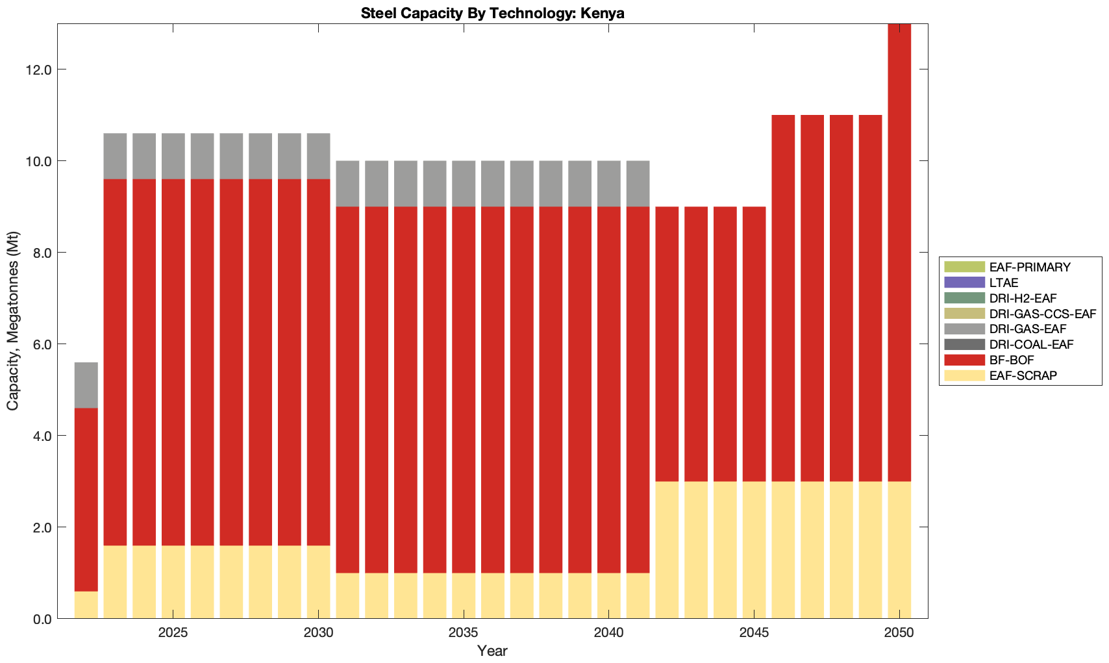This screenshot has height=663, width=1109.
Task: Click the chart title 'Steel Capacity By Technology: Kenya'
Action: tap(492, 13)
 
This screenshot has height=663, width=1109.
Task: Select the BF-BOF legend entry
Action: tap(1012, 360)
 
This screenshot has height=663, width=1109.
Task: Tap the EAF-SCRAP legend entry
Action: tap(1023, 375)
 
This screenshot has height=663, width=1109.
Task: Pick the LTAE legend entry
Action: tap(1004, 282)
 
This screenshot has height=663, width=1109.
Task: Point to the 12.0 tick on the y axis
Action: tap(40, 69)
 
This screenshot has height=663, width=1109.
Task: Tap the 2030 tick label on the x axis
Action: tap(318, 632)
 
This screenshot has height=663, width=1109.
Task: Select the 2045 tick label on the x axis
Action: tap(754, 632)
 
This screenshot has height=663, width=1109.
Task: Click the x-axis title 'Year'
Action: tap(492, 651)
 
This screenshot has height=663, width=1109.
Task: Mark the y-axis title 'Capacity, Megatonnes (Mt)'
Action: tap(13, 321)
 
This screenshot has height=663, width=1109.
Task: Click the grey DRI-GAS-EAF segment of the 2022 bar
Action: tap(86, 385)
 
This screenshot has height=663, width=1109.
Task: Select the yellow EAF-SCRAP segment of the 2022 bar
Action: tap(86, 605)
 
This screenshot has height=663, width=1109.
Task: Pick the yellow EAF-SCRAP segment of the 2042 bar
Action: tap(667, 549)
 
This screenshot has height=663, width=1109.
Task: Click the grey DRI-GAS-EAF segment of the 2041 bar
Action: tap(638, 183)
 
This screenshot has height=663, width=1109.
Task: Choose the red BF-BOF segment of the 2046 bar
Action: tap(783, 298)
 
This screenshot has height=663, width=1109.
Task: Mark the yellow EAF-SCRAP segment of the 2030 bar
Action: tap(318, 582)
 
